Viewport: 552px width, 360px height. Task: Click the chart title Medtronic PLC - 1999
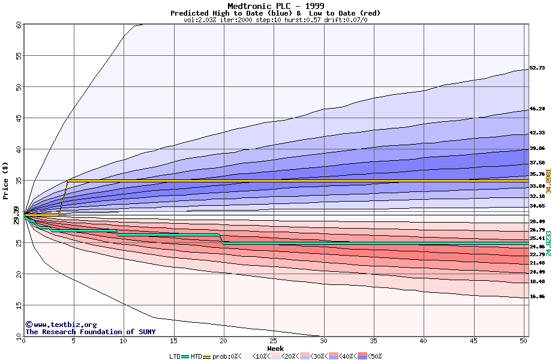coord(275,6)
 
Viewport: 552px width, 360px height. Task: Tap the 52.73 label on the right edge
coord(537,68)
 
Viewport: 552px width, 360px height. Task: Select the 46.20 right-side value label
coord(537,109)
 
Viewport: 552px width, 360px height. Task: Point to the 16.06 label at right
coord(537,296)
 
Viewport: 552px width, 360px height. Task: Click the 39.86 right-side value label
coord(537,148)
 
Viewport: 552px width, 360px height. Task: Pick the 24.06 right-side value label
coord(537,247)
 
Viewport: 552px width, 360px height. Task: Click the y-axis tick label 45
coord(18,118)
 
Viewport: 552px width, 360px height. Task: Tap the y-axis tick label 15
coord(18,305)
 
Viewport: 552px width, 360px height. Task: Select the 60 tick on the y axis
coord(18,25)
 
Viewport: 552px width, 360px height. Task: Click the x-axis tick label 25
coord(274,341)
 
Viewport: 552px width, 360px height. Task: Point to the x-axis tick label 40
coord(424,341)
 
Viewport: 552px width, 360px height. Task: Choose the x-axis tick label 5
coord(74,341)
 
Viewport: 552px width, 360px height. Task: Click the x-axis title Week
coord(275,348)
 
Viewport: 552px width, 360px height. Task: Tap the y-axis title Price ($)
coord(6,181)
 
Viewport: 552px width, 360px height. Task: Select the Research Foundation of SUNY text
coord(90,332)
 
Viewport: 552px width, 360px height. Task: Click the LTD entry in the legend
coord(175,356)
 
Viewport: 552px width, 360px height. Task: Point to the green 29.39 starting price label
coord(16,215)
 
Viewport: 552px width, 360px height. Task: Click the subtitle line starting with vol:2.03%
coord(275,20)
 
